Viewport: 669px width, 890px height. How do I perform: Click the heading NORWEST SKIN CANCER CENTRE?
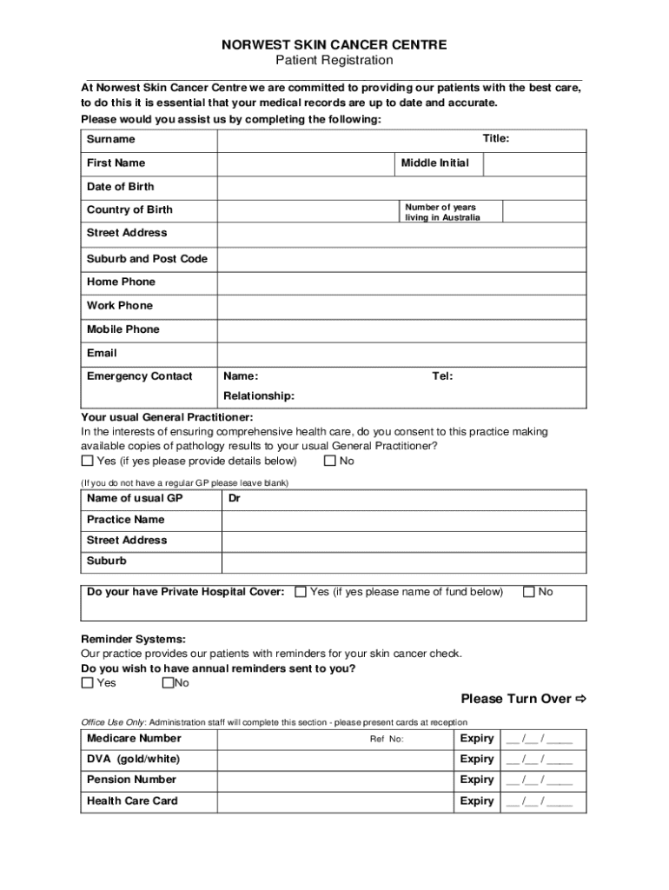coord(334,44)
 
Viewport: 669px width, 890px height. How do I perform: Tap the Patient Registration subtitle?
coord(334,61)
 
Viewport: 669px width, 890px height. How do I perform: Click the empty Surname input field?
coord(348,140)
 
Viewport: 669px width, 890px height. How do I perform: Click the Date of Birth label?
coord(120,187)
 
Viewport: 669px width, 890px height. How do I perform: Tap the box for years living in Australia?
coord(544,211)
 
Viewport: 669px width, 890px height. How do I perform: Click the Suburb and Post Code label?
coord(147,259)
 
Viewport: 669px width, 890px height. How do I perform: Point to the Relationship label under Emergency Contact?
coord(259,396)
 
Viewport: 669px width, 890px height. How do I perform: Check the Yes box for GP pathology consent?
coord(87,461)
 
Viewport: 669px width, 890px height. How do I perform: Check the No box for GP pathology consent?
coord(329,461)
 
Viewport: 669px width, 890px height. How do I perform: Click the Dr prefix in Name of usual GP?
coord(234,499)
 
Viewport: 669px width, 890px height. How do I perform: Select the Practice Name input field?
coord(403,520)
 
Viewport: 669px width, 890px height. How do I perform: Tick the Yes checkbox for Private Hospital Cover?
coord(301,592)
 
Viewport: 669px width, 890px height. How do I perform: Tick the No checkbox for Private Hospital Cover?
coord(528,592)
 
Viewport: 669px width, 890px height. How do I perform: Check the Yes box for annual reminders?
coord(87,683)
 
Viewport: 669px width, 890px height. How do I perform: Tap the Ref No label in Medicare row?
coord(387,740)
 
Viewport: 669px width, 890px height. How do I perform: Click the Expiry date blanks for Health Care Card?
coord(539,801)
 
